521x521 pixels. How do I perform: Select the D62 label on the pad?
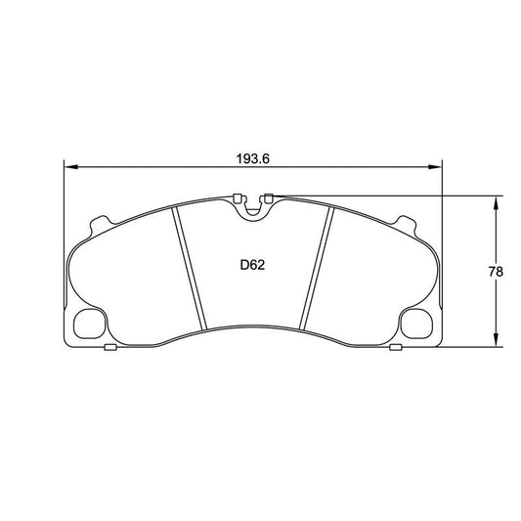[253, 264]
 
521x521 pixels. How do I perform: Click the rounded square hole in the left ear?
[90, 323]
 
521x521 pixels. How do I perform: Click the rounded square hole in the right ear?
[416, 323]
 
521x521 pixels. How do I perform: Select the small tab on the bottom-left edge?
[110, 347]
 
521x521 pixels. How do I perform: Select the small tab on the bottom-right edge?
[395, 347]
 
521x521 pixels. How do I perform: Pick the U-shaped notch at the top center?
[253, 207]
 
